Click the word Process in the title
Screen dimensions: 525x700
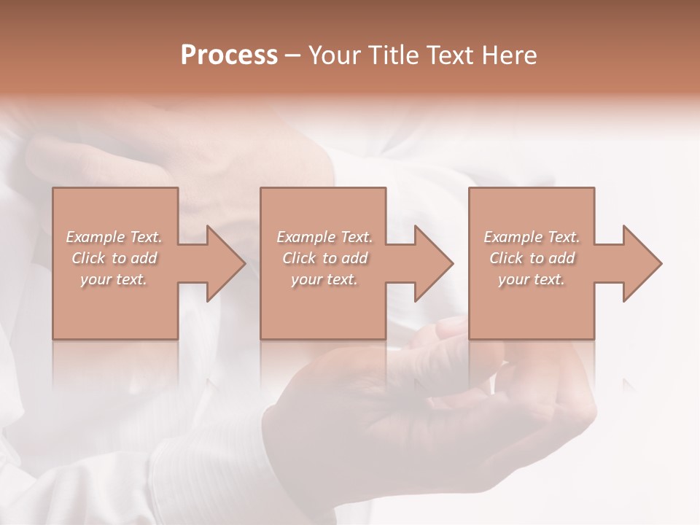coord(229,55)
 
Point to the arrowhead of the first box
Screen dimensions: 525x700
coord(222,263)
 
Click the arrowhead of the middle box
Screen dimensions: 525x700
coord(430,263)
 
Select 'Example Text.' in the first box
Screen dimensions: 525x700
coord(114,237)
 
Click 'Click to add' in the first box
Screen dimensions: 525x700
coord(114,258)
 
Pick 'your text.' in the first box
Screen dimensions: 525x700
coord(114,279)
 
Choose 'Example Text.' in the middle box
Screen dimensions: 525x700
coord(324,237)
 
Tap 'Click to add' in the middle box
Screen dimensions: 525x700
coord(324,258)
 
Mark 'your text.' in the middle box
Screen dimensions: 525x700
coord(324,279)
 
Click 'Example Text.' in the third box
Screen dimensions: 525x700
coord(532,237)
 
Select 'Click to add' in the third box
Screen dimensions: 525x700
coord(532,258)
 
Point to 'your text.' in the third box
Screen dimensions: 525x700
coord(532,279)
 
